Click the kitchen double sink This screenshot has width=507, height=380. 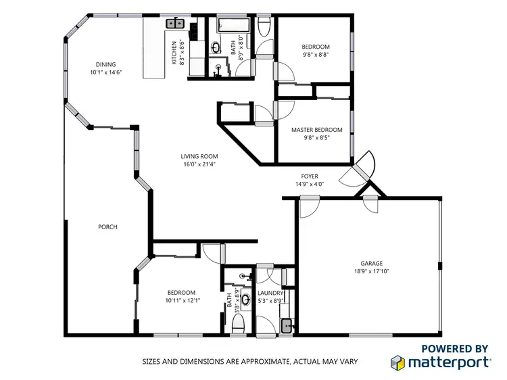175,24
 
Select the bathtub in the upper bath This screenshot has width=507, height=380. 233,26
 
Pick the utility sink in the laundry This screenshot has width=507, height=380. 287,326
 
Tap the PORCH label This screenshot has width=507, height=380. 107,227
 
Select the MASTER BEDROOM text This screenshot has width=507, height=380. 316,130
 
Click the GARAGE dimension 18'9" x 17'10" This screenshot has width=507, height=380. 371,271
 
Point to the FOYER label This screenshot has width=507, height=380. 310,176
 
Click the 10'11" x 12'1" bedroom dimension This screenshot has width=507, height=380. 183,300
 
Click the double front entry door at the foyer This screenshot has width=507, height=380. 359,170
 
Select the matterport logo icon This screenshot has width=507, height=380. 398,362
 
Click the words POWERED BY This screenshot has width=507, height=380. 454,349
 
